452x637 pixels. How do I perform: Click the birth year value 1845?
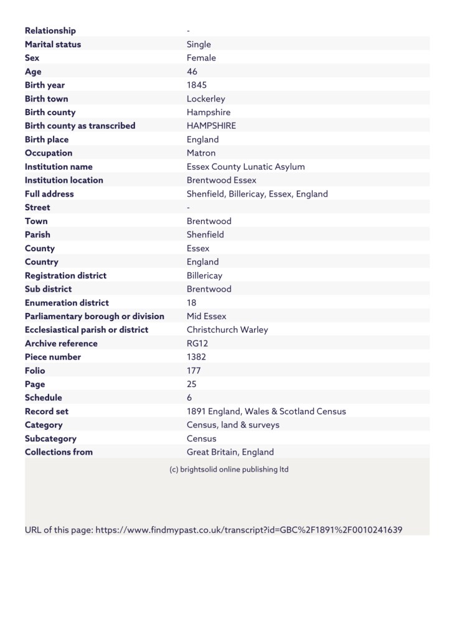click(x=197, y=85)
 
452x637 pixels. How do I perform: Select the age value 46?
click(x=192, y=72)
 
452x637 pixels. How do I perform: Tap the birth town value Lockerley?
click(x=206, y=99)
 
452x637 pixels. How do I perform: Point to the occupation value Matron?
click(x=201, y=153)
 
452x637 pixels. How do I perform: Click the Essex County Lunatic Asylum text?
click(x=246, y=167)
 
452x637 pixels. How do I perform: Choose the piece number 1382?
click(x=197, y=357)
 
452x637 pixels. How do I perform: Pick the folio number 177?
click(x=194, y=371)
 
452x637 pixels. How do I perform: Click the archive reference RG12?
click(x=197, y=343)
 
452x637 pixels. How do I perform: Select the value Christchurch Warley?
click(x=227, y=330)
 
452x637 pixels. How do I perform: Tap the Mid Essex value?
click(x=207, y=316)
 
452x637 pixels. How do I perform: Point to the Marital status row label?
click(x=53, y=44)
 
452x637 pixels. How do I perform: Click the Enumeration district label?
click(x=67, y=303)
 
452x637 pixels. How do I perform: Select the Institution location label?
click(x=64, y=180)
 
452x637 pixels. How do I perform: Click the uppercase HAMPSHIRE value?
click(x=211, y=126)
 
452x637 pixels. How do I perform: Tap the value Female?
click(x=201, y=58)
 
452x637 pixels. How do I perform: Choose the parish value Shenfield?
click(x=205, y=235)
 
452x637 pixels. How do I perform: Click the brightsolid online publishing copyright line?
click(x=229, y=469)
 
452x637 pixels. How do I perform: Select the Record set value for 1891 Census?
click(x=266, y=411)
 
